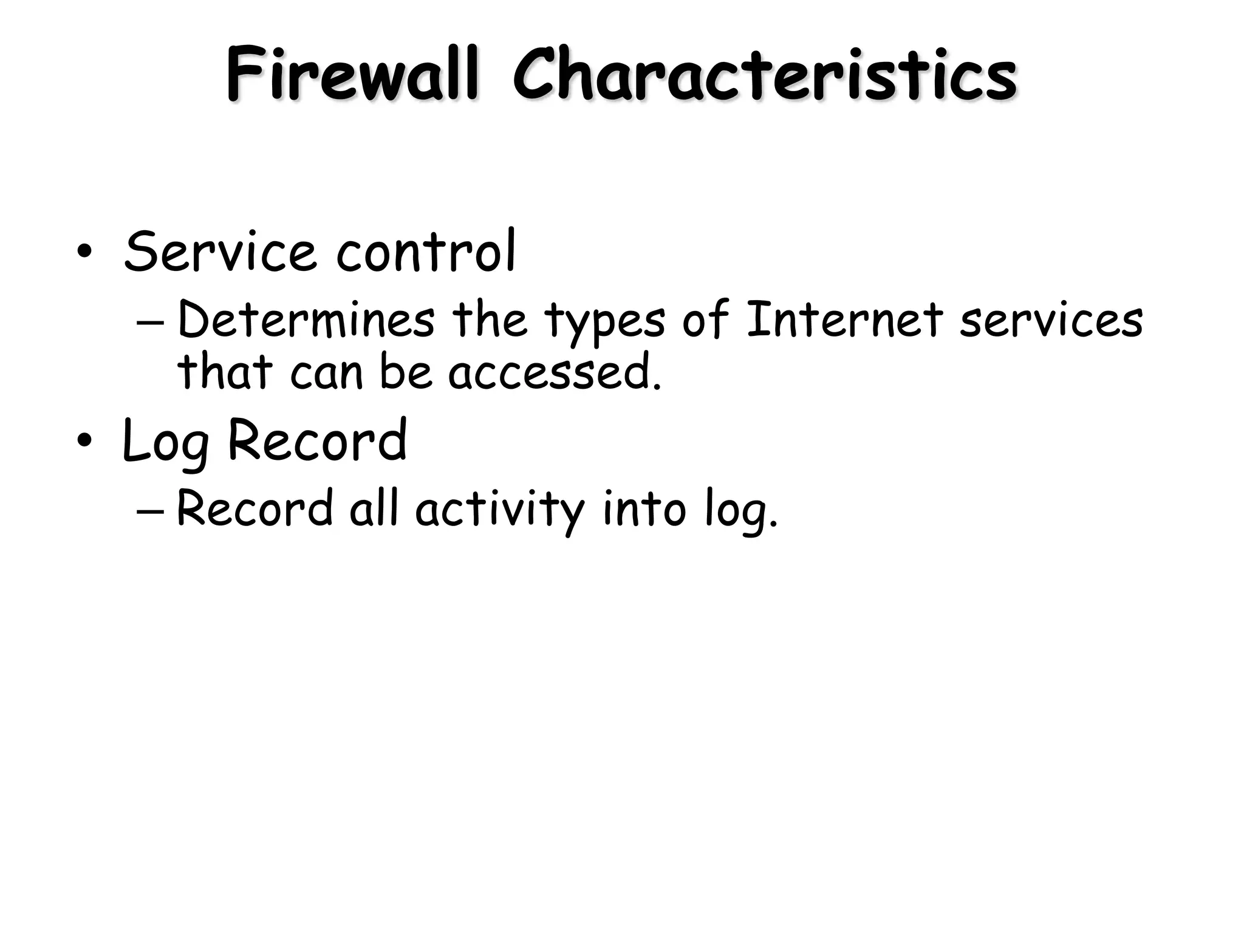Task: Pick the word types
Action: pos(604,322)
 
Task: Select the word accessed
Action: pos(554,372)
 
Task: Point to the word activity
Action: pos(499,510)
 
